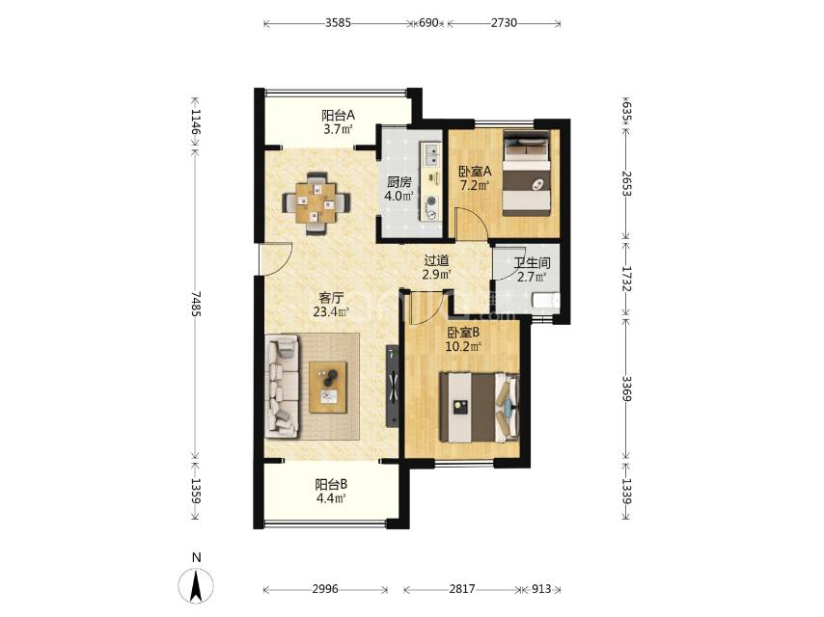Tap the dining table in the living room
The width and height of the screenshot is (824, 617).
click(316, 202)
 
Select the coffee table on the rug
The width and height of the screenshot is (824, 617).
click(328, 388)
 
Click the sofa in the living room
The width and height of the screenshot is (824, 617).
click(282, 387)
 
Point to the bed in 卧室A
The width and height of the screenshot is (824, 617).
click(527, 173)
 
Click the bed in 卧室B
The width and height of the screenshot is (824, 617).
click(480, 408)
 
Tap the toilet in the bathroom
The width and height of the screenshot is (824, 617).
click(546, 301)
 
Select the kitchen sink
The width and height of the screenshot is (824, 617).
click(431, 153)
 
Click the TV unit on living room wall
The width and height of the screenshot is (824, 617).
click(393, 386)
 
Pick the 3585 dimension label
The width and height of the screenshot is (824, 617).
click(338, 22)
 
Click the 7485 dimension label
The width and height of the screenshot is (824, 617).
click(197, 304)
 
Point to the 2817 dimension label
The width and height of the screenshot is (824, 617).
click(462, 589)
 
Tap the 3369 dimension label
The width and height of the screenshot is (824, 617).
click(626, 389)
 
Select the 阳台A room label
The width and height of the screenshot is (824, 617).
click(338, 115)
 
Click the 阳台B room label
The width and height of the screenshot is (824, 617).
click(331, 484)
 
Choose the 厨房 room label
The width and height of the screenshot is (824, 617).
click(398, 182)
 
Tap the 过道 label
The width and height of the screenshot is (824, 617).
click(436, 260)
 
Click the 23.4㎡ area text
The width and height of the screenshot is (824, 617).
click(331, 312)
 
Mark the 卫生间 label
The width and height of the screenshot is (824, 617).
click(532, 262)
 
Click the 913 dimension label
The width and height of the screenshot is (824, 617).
click(540, 589)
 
